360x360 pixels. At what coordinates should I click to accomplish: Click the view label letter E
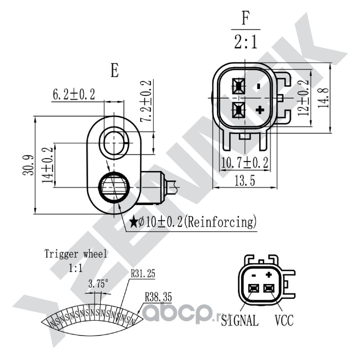pyautogui.click(x=115, y=71)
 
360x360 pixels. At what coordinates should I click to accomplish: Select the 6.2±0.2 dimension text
pyautogui.click(x=74, y=94)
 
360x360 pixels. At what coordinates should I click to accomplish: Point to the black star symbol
pyautogui.click(x=134, y=222)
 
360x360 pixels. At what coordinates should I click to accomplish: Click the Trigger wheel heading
pyautogui.click(x=76, y=254)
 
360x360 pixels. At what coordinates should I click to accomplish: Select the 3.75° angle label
pyautogui.click(x=98, y=284)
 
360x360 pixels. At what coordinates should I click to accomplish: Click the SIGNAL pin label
pyautogui.click(x=240, y=321)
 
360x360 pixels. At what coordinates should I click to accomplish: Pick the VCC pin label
pyautogui.click(x=284, y=321)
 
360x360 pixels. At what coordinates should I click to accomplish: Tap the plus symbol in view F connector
pyautogui.click(x=259, y=110)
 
